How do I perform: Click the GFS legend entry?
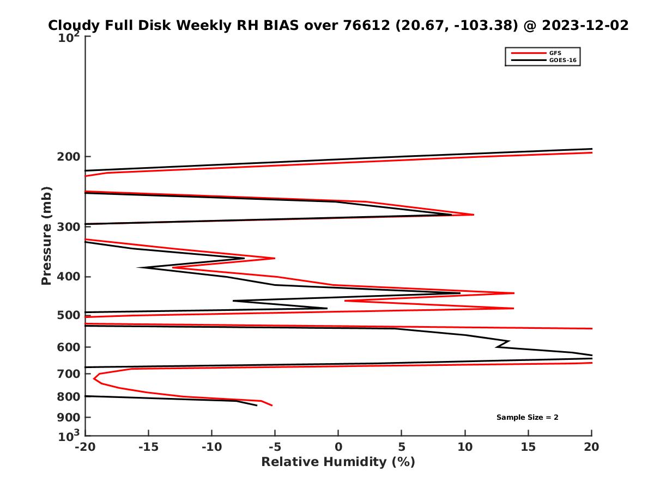point(555,53)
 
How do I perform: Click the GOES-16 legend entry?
point(562,60)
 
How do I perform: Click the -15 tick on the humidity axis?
point(148,448)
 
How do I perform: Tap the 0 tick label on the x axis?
point(338,448)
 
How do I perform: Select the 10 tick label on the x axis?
point(465,448)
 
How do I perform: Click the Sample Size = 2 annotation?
point(527,418)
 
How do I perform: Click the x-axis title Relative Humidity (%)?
point(338,462)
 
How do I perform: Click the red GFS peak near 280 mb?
point(473,215)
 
